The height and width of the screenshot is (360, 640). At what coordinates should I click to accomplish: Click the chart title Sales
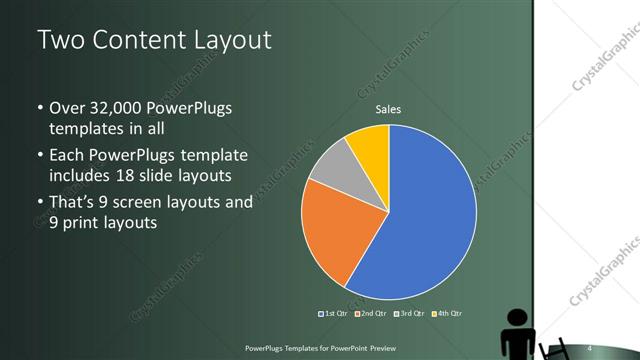(x=389, y=110)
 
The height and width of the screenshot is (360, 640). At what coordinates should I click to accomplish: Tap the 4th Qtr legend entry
(x=446, y=313)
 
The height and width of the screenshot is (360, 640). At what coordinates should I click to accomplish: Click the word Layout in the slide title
(x=229, y=40)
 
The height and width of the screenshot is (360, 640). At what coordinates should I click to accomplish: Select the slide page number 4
(x=590, y=347)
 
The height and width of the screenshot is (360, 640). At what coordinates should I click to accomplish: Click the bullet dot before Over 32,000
(x=39, y=108)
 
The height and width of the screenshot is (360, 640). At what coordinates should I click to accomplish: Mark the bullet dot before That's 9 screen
(x=39, y=202)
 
